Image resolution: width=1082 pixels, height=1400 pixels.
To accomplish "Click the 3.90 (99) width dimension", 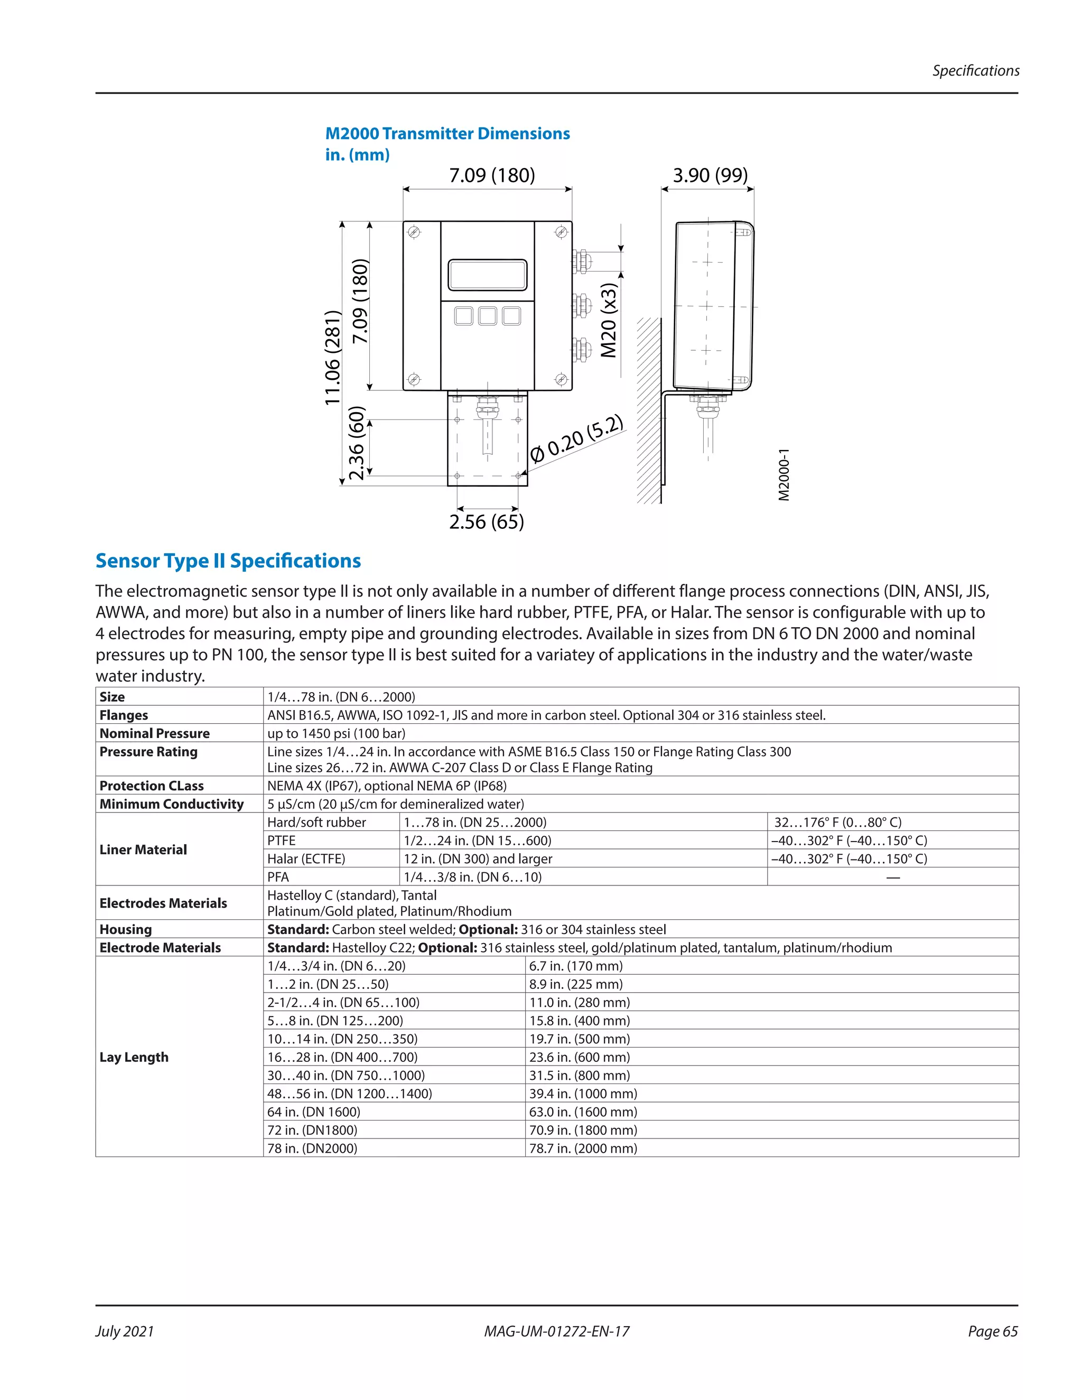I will click(x=710, y=175).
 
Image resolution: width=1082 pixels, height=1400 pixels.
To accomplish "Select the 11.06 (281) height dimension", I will click(x=332, y=357).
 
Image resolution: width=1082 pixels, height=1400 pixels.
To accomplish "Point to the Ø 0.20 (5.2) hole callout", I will click(x=576, y=439).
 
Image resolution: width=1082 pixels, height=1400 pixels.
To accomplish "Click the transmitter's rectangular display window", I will click(x=487, y=275).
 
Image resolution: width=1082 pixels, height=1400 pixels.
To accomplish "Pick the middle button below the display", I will click(x=487, y=315).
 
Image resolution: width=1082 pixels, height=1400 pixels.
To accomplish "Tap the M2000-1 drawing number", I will click(x=783, y=475).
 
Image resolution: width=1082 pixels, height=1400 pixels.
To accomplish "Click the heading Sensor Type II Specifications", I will click(x=228, y=561).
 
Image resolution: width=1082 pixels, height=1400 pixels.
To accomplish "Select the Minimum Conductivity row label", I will click(x=171, y=804).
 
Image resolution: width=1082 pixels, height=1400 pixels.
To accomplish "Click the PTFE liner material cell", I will click(x=282, y=841).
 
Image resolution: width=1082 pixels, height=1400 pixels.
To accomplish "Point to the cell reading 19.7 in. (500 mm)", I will click(x=580, y=1039).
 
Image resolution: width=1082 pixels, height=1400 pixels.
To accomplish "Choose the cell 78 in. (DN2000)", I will click(x=312, y=1148).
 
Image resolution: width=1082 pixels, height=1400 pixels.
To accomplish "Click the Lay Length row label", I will click(x=134, y=1057).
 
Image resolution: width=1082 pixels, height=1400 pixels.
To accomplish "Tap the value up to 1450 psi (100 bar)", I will click(x=336, y=733).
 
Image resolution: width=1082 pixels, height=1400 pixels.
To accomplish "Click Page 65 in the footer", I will click(x=992, y=1331).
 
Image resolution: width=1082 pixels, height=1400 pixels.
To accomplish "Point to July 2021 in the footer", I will click(x=125, y=1331).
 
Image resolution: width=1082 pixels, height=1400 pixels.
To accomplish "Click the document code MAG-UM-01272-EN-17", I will click(x=556, y=1331).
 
